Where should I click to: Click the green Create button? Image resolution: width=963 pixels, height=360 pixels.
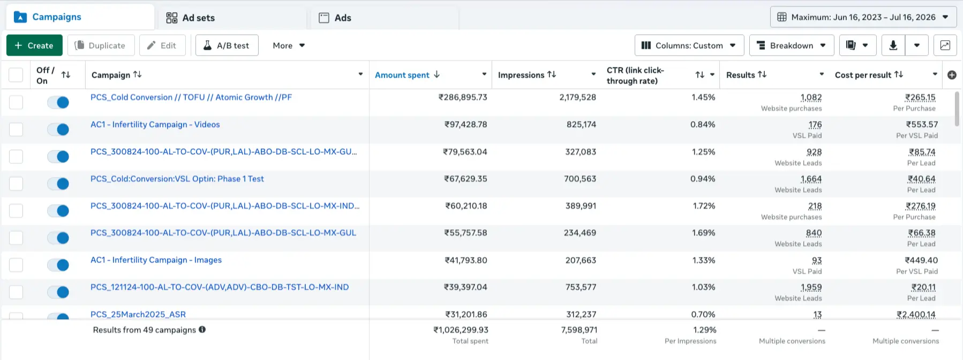tap(34, 46)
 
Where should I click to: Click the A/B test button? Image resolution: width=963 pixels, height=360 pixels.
tap(227, 46)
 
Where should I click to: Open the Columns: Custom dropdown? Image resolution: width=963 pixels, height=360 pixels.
tap(689, 46)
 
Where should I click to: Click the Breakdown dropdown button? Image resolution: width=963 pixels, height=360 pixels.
tap(792, 46)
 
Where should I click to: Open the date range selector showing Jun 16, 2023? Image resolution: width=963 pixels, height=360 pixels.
tap(863, 17)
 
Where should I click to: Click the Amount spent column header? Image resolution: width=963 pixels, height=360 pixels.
tap(402, 75)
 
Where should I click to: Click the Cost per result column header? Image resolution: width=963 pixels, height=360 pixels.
tap(863, 75)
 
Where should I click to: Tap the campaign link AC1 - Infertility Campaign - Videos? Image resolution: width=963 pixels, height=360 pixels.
tap(155, 124)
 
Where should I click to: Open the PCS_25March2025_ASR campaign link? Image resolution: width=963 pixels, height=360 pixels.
tap(138, 314)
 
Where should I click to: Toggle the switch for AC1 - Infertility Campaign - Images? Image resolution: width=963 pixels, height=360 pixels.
tap(58, 265)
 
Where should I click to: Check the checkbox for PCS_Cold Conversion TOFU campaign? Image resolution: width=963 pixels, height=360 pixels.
tap(16, 102)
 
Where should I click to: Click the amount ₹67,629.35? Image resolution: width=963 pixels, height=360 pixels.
tap(465, 179)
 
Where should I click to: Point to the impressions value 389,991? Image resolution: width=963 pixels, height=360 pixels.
tap(581, 206)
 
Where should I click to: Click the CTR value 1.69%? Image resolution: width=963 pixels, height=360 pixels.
tap(703, 233)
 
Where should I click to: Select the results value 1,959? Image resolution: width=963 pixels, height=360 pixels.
tap(811, 287)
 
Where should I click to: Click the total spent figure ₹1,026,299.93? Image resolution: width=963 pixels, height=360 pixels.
tap(461, 330)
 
